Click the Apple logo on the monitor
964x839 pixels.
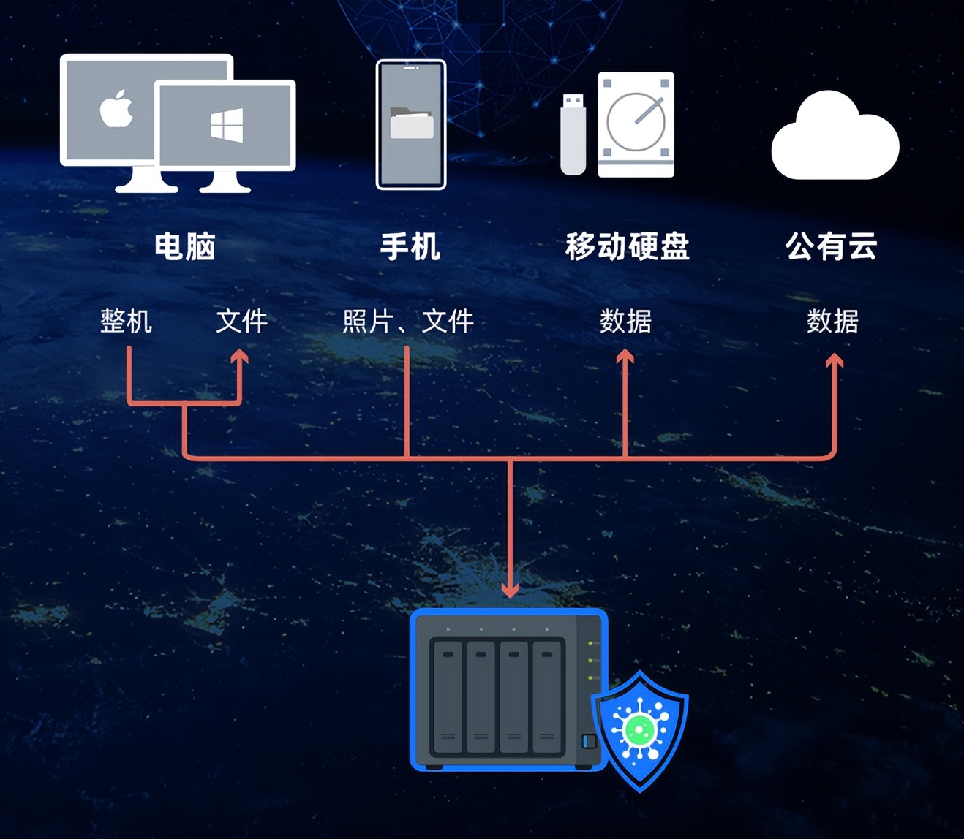116,110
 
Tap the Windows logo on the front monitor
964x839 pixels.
227,126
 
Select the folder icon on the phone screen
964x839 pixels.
412,124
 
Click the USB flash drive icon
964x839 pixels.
573,134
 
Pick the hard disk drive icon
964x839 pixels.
636,124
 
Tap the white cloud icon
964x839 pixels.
835,139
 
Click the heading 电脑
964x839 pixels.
185,246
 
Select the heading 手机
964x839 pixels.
410,246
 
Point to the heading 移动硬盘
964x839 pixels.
628,246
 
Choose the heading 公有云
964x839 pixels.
832,246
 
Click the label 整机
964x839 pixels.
127,321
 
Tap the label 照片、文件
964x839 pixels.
408,321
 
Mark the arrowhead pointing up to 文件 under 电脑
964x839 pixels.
239,357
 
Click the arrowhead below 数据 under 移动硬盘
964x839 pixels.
625,357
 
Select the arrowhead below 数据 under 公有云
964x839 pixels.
835,360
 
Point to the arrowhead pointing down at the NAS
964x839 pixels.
511,588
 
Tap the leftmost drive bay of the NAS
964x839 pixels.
448,697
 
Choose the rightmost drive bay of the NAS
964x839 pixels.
546,697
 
